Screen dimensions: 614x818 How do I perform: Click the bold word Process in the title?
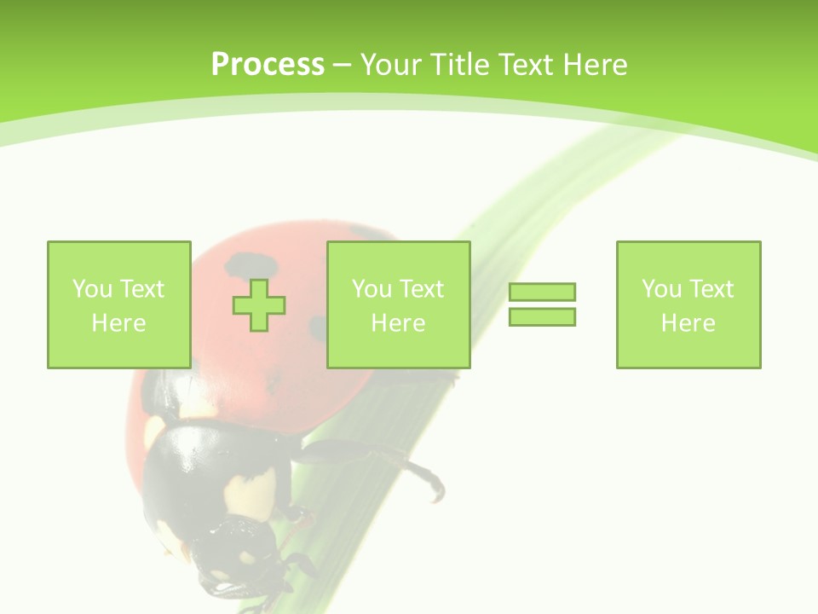point(268,65)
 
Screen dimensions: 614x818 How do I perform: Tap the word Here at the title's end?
point(594,65)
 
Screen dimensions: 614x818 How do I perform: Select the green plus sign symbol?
point(259,304)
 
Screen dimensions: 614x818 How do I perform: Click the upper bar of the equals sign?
point(542,292)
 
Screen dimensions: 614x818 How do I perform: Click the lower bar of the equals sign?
point(542,316)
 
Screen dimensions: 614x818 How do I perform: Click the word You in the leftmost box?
point(92,289)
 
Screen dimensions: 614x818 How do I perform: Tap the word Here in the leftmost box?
point(118,323)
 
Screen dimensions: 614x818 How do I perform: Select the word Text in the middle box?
point(421,289)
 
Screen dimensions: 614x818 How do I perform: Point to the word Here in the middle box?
point(398,323)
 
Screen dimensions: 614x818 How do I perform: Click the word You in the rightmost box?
point(661,289)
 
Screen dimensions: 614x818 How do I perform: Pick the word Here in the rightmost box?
point(688,323)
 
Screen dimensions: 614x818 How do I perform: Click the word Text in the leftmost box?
point(141,289)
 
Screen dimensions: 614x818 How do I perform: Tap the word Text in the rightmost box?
point(711,289)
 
